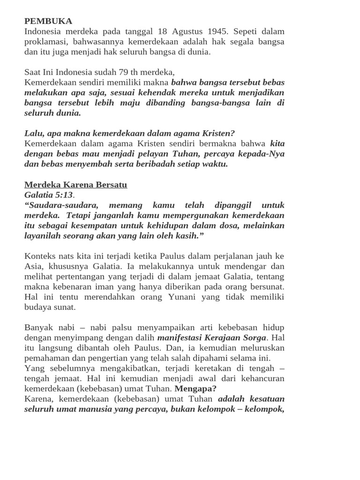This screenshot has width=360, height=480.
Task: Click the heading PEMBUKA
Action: coord(48,21)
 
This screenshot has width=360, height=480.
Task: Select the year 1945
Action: coord(218,31)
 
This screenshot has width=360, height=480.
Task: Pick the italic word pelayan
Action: coord(137,154)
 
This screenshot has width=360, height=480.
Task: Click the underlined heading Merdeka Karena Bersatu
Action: coord(75,185)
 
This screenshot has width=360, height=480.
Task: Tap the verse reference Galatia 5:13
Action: coord(48,195)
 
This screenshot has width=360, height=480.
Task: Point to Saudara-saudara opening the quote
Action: coord(61,205)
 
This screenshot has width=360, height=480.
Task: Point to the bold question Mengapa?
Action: coord(195,389)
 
